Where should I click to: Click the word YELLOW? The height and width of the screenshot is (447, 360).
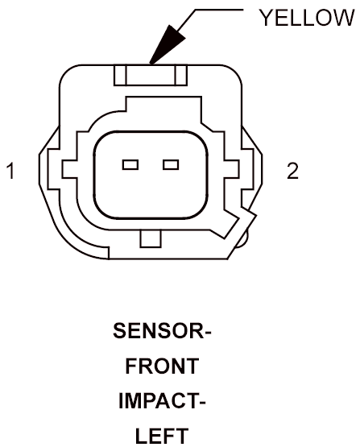pyautogui.click(x=307, y=18)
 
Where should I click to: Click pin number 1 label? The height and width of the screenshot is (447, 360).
pyautogui.click(x=11, y=171)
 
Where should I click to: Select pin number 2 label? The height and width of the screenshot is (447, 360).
pyautogui.click(x=292, y=171)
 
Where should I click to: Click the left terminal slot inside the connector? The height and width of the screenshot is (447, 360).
pyautogui.click(x=130, y=165)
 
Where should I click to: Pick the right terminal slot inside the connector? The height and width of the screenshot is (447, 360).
pyautogui.click(x=171, y=165)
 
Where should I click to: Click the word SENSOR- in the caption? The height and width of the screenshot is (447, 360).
pyautogui.click(x=162, y=331)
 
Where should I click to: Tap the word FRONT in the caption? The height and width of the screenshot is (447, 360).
pyautogui.click(x=162, y=366)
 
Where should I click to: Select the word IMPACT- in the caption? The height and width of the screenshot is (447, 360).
pyautogui.click(x=162, y=401)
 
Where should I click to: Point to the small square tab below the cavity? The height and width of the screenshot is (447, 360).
pyautogui.click(x=151, y=238)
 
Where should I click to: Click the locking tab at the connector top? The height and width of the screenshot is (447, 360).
pyautogui.click(x=151, y=75)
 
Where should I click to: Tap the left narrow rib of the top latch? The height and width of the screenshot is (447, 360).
pyautogui.click(x=120, y=75)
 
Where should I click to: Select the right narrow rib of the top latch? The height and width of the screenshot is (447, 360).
pyautogui.click(x=181, y=75)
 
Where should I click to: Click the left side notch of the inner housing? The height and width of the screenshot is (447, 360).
pyautogui.click(x=69, y=170)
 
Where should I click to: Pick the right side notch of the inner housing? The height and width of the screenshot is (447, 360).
pyautogui.click(x=231, y=170)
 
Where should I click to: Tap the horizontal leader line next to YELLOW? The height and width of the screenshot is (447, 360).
pyautogui.click(x=219, y=10)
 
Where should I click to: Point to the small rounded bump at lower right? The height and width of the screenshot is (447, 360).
pyautogui.click(x=242, y=238)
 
